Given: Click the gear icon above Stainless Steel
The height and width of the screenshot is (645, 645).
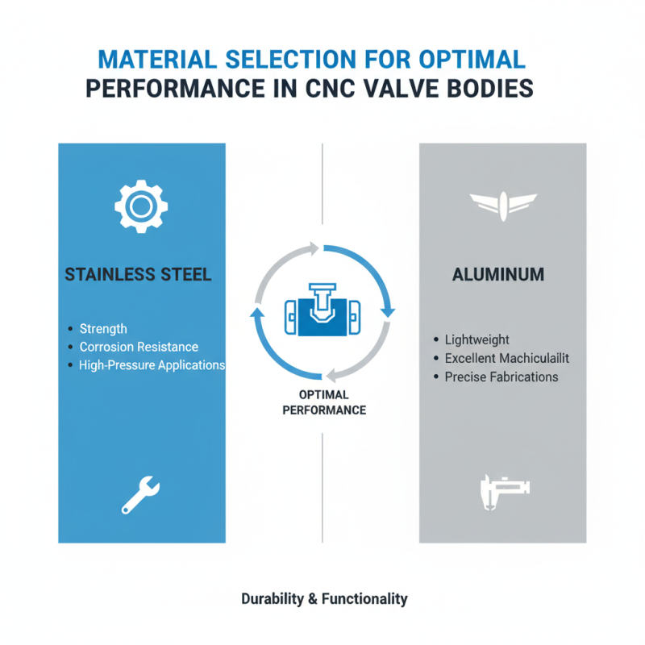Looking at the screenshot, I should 141,206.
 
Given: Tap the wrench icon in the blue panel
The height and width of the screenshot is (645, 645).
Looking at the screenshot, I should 141,494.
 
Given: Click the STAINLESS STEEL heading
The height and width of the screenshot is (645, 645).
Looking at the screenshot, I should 138,275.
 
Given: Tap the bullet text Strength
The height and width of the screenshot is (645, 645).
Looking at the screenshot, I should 103,329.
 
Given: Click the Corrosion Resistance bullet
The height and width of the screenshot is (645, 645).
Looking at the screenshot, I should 139,347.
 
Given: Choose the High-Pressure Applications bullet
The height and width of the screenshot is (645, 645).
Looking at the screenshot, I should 152,365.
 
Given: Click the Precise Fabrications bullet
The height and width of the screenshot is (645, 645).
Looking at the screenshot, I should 501,377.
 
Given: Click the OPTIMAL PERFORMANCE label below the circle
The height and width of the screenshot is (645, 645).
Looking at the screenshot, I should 322,402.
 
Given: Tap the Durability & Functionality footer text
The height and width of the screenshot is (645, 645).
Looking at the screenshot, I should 324,599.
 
